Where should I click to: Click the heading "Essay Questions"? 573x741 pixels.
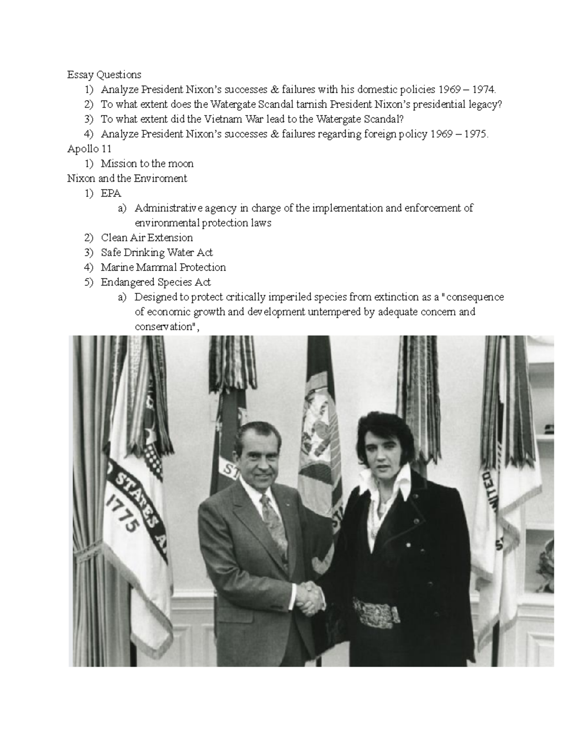(104, 74)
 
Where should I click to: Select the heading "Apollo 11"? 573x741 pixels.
(89, 149)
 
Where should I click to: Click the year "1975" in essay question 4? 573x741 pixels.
(473, 134)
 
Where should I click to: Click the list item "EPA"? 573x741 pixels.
(111, 193)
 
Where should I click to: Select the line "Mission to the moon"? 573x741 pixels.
(147, 164)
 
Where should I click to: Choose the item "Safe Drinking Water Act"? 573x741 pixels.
(157, 252)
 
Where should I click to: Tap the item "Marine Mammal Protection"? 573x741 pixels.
(163, 267)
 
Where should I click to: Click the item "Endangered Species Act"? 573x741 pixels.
(156, 282)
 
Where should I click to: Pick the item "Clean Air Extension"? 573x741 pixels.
(147, 238)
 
